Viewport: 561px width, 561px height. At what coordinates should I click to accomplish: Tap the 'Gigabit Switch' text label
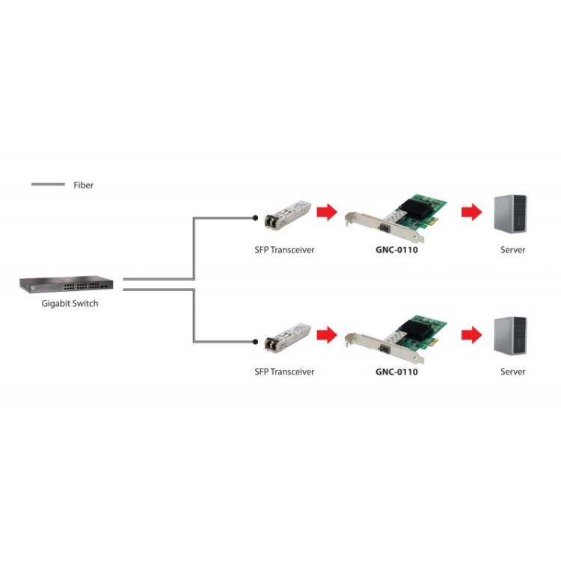[x=70, y=304]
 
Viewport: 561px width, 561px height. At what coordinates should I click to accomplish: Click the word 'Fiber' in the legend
[x=84, y=185]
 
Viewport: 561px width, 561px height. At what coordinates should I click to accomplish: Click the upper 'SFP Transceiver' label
[x=284, y=250]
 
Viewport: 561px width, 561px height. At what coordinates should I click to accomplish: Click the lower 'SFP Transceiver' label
[x=284, y=372]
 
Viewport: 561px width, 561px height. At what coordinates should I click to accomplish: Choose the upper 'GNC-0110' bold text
[x=396, y=250]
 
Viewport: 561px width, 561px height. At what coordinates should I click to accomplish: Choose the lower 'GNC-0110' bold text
[x=396, y=372]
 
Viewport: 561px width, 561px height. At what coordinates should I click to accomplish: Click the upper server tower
[x=512, y=214]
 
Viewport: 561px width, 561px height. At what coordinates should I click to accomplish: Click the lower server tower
[x=512, y=336]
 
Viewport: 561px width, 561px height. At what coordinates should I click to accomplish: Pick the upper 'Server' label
[x=513, y=250]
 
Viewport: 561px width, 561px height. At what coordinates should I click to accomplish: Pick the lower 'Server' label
[x=513, y=372]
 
